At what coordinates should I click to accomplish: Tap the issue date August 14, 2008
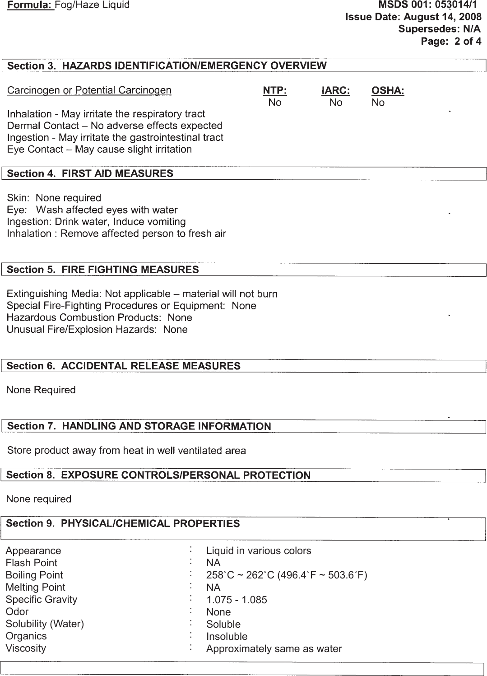(x=442, y=17)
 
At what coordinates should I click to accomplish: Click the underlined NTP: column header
(x=275, y=90)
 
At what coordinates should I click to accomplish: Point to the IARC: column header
(x=336, y=90)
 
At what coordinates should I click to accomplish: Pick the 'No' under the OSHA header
(x=378, y=103)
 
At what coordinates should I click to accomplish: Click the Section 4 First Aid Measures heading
(x=90, y=174)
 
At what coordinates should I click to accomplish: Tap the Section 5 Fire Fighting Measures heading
(x=103, y=270)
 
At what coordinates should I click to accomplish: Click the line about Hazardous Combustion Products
(x=99, y=318)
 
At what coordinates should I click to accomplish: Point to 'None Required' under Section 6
(x=41, y=390)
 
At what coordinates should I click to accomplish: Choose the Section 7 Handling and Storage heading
(x=139, y=426)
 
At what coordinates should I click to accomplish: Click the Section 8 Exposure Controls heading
(x=158, y=475)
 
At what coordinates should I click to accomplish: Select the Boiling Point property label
(x=34, y=575)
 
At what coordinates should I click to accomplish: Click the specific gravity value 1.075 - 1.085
(x=237, y=600)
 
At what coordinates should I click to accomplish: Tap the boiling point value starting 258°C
(x=286, y=575)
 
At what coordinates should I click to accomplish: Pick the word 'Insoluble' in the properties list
(x=227, y=637)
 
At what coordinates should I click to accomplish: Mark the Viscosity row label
(x=26, y=648)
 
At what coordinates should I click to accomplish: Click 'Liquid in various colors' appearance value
(x=258, y=551)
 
